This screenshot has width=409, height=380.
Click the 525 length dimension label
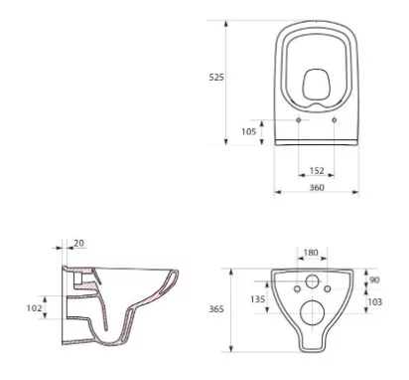[216, 78]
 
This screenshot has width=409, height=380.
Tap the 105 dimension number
[249, 131]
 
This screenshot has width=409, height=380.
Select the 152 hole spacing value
[317, 170]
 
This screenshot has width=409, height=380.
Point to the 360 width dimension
[317, 187]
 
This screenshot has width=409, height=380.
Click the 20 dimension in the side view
[78, 243]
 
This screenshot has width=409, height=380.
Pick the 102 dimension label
[35, 308]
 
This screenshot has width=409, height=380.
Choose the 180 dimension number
[311, 253]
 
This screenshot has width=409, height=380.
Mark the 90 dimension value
[374, 280]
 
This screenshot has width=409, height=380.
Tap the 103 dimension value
[375, 301]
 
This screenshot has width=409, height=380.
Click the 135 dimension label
[257, 299]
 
